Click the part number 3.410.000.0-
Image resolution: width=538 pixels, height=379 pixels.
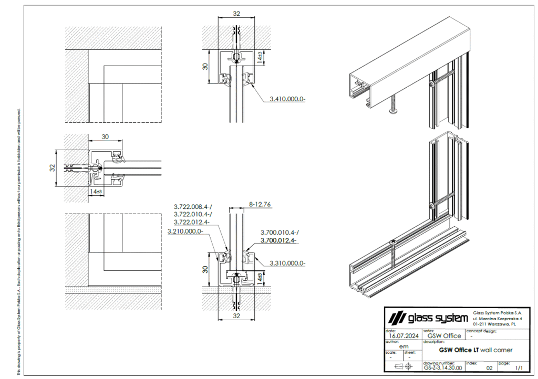tap(287, 99)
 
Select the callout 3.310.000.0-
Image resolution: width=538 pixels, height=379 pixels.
tap(287, 263)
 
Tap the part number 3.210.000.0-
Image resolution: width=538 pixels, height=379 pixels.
tap(185, 231)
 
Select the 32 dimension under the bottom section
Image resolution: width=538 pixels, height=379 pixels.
tap(236, 317)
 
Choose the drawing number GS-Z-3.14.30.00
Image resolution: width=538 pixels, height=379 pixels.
tap(442, 368)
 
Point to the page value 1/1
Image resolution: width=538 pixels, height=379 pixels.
tap(519, 368)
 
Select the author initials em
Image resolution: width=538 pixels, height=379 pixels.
tap(403, 346)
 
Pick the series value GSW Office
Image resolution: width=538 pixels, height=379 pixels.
tap(444, 336)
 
